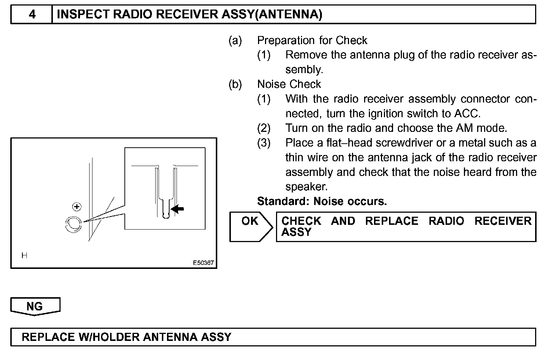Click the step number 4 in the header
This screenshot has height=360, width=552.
click(x=32, y=14)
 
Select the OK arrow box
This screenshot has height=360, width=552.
click(x=251, y=227)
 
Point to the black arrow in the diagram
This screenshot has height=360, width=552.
click(x=178, y=209)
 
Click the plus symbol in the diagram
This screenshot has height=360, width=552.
click(x=76, y=207)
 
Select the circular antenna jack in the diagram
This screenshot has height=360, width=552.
click(x=73, y=224)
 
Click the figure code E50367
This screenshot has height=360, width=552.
click(x=203, y=263)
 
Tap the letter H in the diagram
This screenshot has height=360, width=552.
click(x=24, y=256)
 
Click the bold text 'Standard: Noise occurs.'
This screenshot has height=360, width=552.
click(x=322, y=201)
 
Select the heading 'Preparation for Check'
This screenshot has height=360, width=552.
click(x=312, y=40)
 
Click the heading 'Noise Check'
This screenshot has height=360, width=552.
click(x=289, y=84)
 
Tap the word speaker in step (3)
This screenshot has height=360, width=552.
click(x=306, y=187)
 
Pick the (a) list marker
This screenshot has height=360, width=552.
click(x=235, y=40)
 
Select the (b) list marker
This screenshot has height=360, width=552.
click(x=235, y=84)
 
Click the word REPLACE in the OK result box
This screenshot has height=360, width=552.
click(x=392, y=221)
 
